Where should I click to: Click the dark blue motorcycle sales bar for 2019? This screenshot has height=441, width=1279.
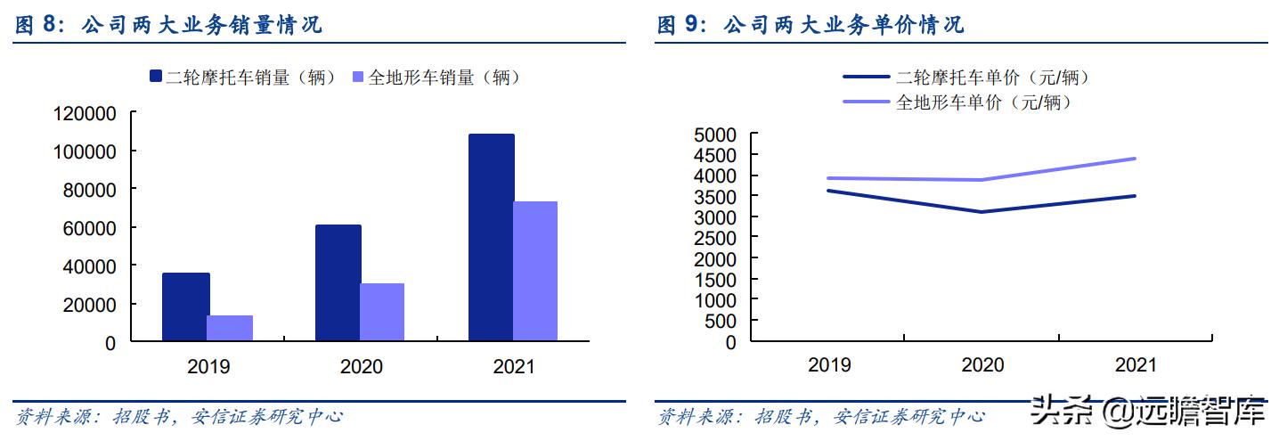tap(186, 306)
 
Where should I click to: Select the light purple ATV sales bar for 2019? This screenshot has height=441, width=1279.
tap(230, 328)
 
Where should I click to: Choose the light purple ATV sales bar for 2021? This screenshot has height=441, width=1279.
tap(535, 271)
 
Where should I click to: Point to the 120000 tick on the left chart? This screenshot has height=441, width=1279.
tap(86, 113)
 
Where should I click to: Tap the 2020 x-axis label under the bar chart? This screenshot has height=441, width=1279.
tap(361, 367)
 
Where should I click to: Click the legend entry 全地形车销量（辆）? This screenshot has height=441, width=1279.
tap(436, 78)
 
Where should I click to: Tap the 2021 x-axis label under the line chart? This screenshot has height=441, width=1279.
tap(1136, 365)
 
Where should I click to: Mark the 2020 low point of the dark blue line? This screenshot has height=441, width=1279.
tap(982, 212)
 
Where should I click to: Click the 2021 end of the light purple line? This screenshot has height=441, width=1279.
tap(1135, 159)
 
